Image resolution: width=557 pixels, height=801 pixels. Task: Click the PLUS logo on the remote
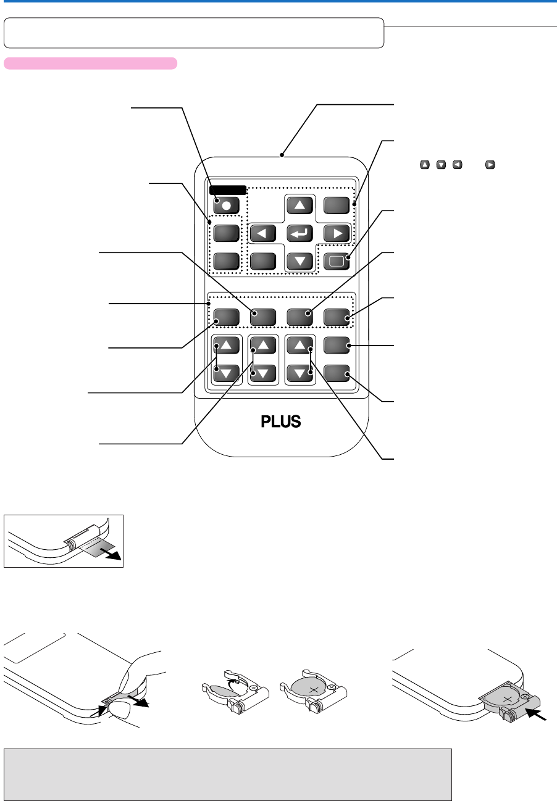[x=281, y=421]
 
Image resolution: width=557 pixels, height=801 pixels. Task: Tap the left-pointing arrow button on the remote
[x=263, y=233]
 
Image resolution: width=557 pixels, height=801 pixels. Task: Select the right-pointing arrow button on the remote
[x=337, y=233]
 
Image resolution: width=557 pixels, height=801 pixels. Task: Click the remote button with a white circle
[x=227, y=205]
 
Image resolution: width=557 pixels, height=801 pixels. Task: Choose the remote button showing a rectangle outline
[x=337, y=262]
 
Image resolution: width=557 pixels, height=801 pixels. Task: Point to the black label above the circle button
[x=228, y=190]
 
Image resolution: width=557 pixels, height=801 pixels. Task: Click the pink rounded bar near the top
[x=91, y=64]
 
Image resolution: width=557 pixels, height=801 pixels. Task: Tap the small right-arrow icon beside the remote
[x=490, y=165]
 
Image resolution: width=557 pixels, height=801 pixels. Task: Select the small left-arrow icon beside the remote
[x=457, y=165]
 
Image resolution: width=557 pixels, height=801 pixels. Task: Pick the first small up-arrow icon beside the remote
[x=425, y=165]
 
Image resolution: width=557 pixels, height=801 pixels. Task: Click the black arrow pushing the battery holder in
[x=536, y=715]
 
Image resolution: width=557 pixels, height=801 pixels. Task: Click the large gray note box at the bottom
[x=228, y=774]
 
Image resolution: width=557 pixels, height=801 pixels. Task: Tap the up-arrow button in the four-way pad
[x=299, y=205]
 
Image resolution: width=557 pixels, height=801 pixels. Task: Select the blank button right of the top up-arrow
[x=337, y=205]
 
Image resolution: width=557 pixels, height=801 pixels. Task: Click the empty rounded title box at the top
[x=194, y=33]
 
